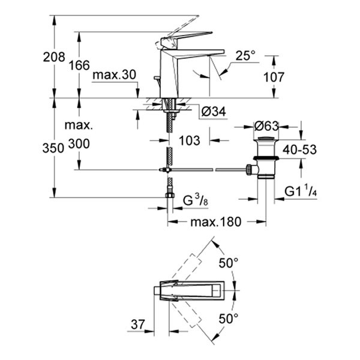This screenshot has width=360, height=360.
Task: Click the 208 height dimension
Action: pos(54,58)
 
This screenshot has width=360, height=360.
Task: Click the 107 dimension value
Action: pos(274,77)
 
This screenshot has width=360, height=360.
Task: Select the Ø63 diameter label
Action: pos(267,127)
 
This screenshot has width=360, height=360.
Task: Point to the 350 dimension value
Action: pos(54,149)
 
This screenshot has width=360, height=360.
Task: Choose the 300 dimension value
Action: pos(79,143)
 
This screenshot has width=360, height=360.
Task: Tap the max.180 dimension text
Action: pos(215,222)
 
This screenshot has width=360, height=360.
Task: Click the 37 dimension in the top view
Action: pos(139,325)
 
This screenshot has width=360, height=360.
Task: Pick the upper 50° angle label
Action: pos(228,263)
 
